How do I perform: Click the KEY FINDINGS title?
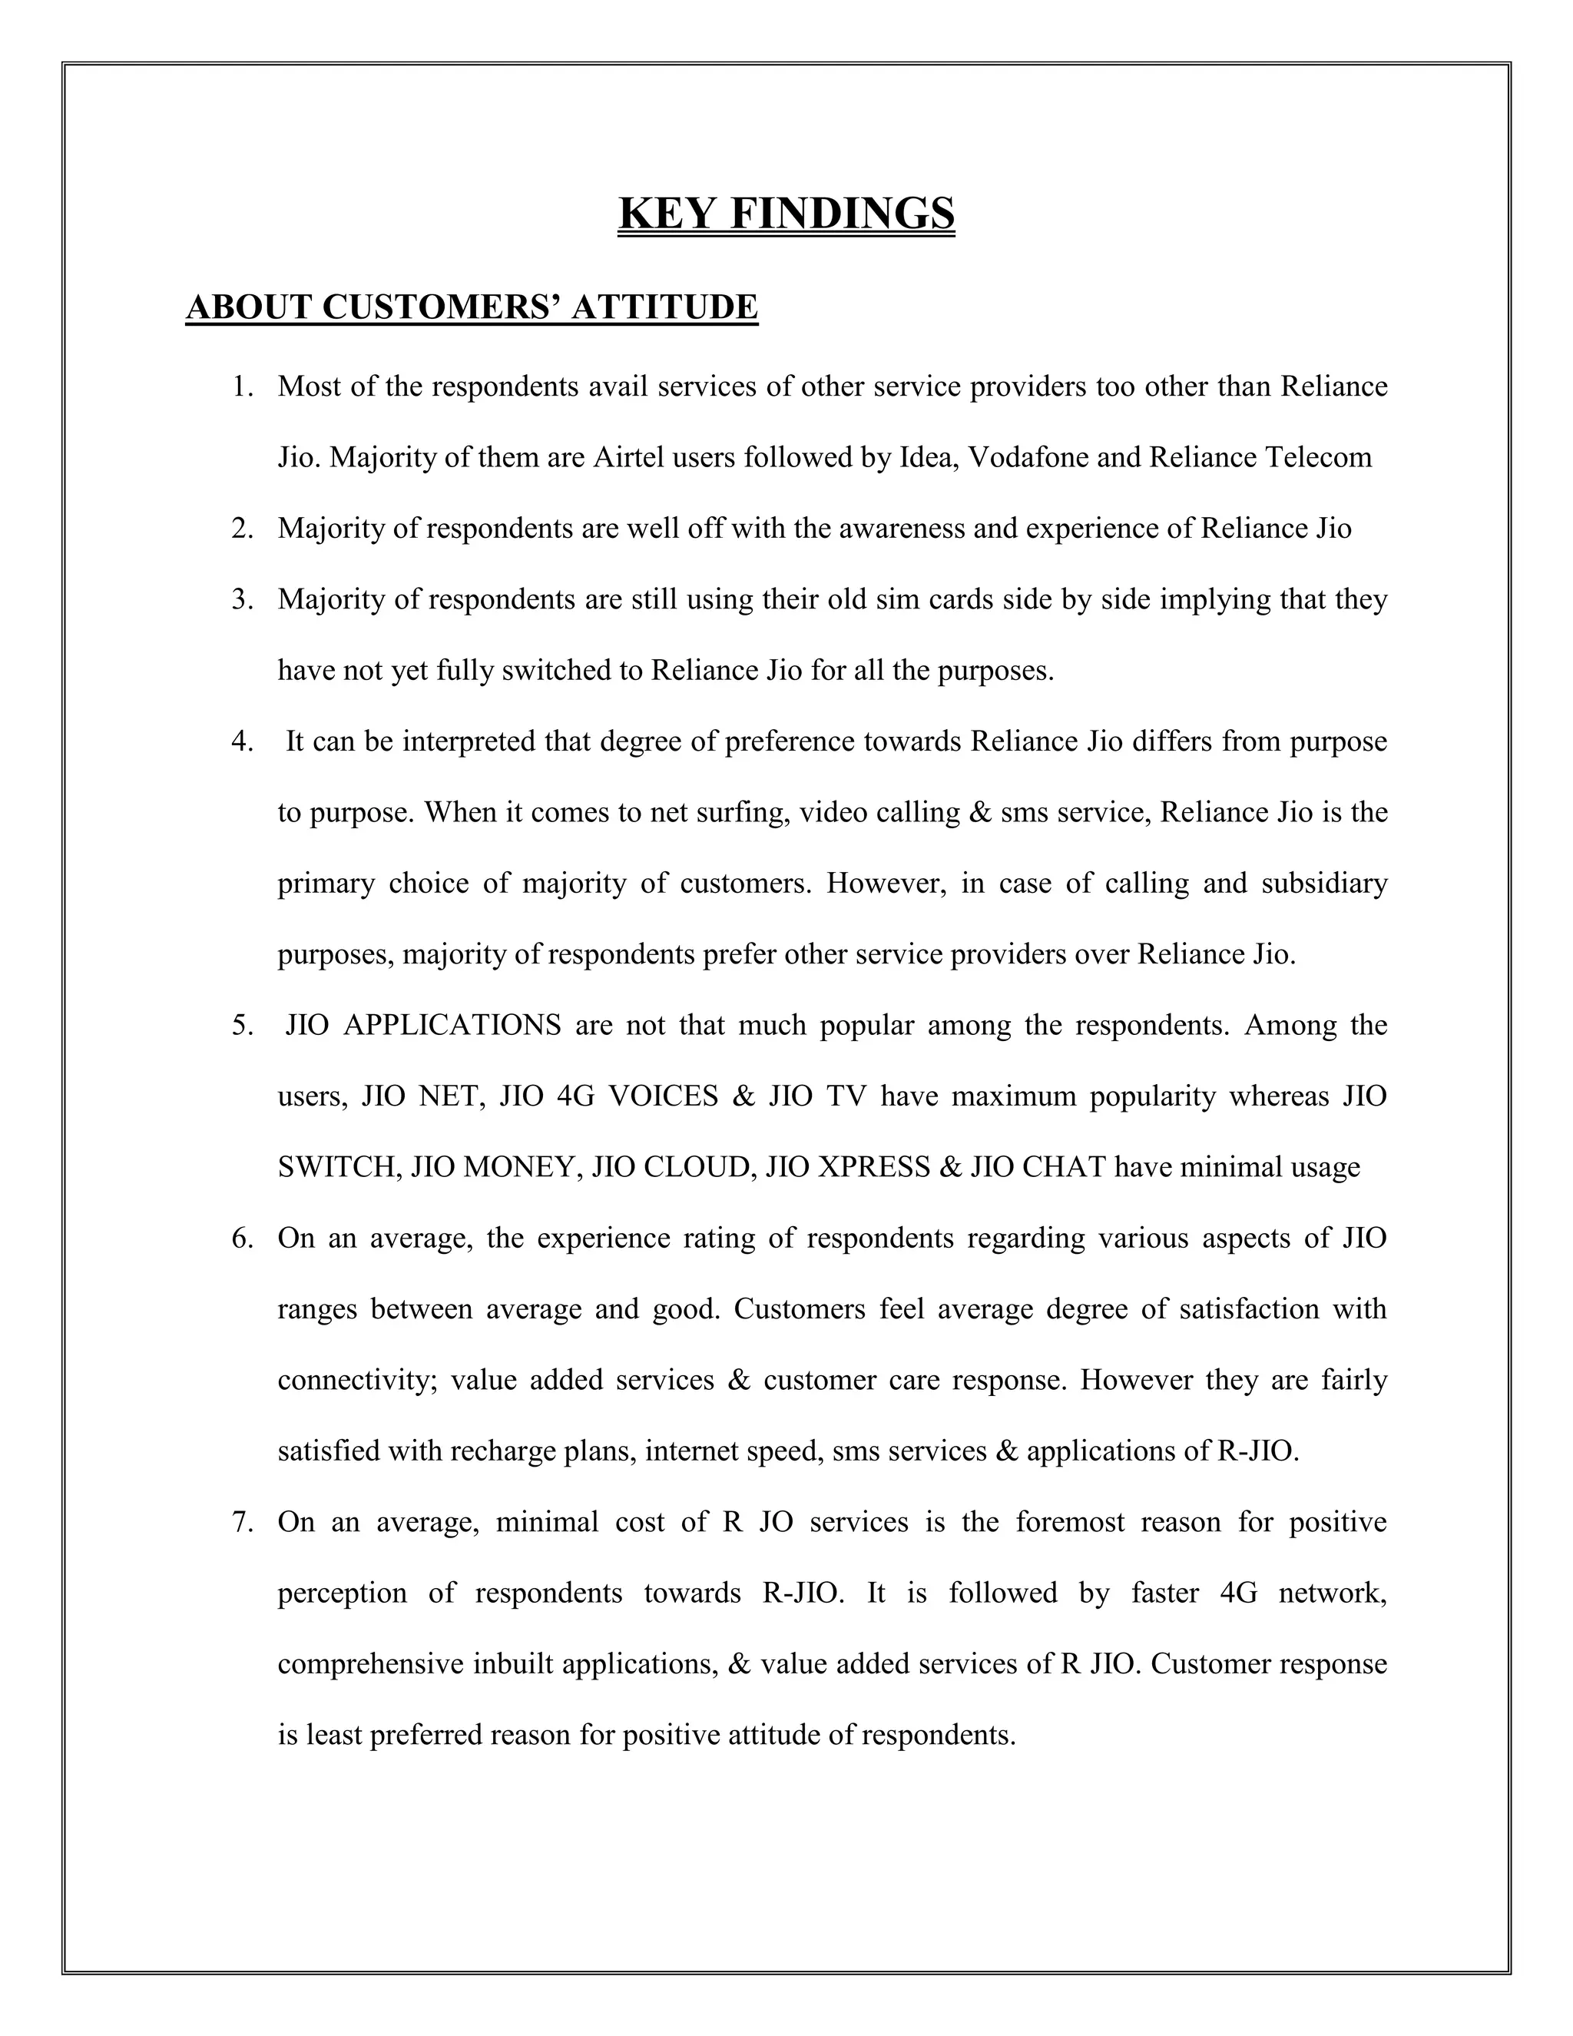pos(786,214)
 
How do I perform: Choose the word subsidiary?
pos(1324,884)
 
